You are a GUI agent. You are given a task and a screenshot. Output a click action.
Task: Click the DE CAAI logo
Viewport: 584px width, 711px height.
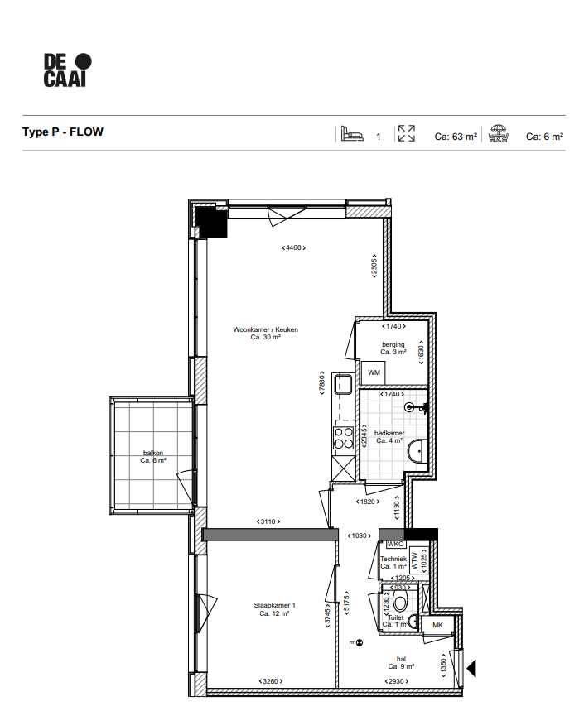coord(67,70)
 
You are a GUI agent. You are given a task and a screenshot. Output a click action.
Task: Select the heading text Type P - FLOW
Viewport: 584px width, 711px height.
coord(63,132)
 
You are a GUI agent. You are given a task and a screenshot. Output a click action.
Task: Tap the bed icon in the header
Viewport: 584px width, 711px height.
coord(352,134)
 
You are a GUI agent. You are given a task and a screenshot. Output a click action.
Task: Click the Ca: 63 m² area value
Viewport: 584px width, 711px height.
coord(455,137)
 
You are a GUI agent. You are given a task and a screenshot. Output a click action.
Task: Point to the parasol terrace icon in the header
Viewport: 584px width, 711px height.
coord(497,134)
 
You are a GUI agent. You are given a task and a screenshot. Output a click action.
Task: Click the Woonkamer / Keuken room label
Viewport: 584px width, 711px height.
coord(265,334)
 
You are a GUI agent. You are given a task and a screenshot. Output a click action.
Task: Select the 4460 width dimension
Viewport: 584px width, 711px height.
coord(294,247)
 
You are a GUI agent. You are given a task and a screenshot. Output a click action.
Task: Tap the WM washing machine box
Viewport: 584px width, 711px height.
coord(374,373)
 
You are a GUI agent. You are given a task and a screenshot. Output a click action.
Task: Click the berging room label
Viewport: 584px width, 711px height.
coord(393,348)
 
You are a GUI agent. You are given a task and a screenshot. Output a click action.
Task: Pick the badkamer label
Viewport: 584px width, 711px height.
coord(389,437)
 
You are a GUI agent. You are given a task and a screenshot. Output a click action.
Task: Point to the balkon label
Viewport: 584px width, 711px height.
coord(153,457)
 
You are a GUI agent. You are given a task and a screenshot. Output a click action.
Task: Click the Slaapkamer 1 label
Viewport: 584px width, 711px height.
coord(274,609)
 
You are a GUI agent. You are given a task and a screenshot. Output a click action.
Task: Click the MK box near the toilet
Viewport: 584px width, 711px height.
coord(437,626)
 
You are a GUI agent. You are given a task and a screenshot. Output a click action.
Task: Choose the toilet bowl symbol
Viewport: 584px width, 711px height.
coord(401,603)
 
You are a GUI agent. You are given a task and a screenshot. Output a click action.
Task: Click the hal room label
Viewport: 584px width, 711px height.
coord(401,662)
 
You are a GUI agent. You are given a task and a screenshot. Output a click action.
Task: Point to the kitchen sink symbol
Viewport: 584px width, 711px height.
coord(343,385)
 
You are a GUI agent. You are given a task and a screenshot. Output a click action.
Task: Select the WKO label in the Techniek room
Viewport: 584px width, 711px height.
coord(394,545)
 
